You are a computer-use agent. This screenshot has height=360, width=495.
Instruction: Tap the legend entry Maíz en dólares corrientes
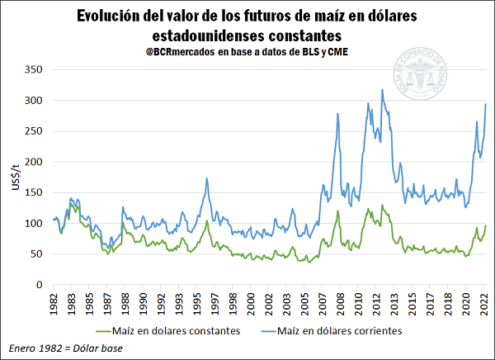(x=340, y=331)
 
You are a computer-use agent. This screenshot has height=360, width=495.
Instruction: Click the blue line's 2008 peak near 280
(x=337, y=113)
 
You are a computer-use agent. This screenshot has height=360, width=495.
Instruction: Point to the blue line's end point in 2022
(x=486, y=104)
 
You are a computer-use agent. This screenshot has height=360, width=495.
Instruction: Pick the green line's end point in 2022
(x=486, y=225)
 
